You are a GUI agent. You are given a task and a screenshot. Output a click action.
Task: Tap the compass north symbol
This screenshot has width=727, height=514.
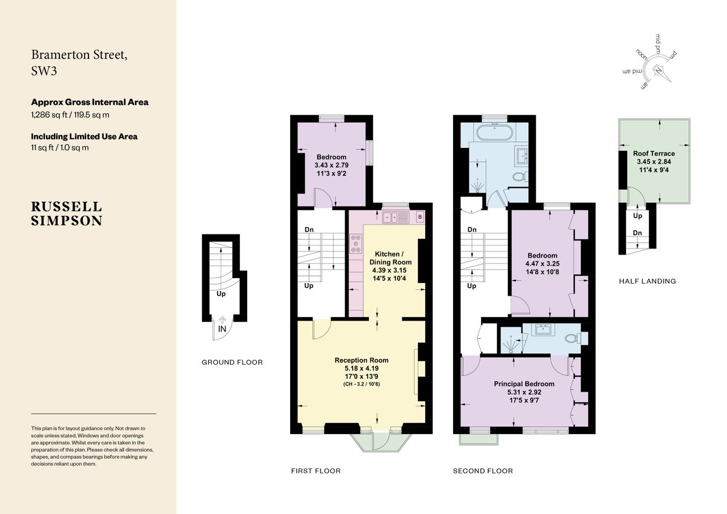point(659,70)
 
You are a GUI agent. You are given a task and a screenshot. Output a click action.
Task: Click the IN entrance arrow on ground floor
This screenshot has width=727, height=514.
point(222,328)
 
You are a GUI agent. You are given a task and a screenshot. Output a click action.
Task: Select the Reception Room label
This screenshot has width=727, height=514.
point(362,360)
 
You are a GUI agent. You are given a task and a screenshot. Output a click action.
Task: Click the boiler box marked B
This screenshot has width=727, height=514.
point(420,217)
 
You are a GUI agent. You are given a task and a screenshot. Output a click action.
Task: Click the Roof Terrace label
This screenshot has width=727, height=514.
point(654,153)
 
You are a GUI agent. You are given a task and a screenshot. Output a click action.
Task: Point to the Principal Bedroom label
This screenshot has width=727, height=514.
point(524,384)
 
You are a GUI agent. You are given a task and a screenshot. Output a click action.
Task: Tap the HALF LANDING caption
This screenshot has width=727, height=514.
point(647,281)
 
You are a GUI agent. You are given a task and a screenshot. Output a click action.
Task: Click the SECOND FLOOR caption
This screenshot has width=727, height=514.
point(483,471)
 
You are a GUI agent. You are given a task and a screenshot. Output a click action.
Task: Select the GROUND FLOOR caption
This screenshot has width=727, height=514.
point(232,362)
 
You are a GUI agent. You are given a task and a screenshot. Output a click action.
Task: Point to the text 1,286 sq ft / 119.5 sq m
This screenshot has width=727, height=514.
point(70,114)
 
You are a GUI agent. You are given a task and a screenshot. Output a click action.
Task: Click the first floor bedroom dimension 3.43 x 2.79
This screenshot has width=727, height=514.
point(331,165)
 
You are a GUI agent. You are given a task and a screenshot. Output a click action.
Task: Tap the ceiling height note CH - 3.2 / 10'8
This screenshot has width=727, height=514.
point(362,384)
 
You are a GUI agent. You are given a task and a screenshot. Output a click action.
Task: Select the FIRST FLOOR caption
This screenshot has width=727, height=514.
point(316,471)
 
